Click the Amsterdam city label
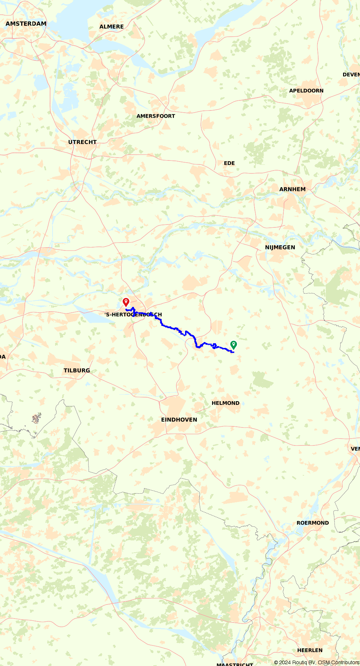point(26,24)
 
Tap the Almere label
point(112,27)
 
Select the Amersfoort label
point(156,116)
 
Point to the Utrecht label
point(82,142)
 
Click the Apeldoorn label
point(306,91)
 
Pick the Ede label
point(229,163)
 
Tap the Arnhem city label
point(292,189)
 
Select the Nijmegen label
point(280,247)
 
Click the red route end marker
point(126,302)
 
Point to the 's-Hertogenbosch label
point(133,314)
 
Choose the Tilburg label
point(77,370)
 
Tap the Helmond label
point(225,403)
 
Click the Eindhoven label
point(179,420)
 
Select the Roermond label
point(312,523)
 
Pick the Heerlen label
point(310,650)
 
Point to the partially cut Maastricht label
point(235,664)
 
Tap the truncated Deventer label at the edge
point(351,74)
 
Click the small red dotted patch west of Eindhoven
point(36,418)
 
